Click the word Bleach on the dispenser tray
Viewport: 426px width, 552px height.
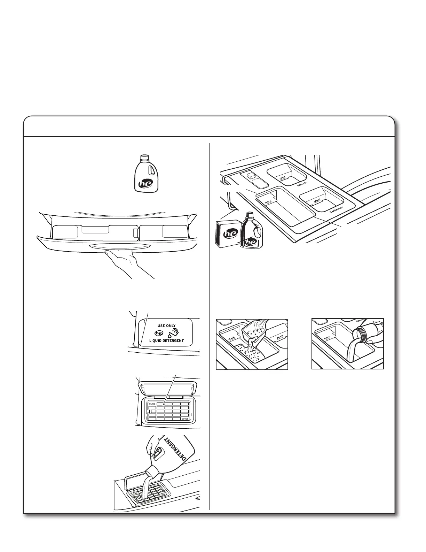[x=302, y=184]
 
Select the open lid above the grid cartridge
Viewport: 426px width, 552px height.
[x=167, y=388]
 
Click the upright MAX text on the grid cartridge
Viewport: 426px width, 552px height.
[x=152, y=405]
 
